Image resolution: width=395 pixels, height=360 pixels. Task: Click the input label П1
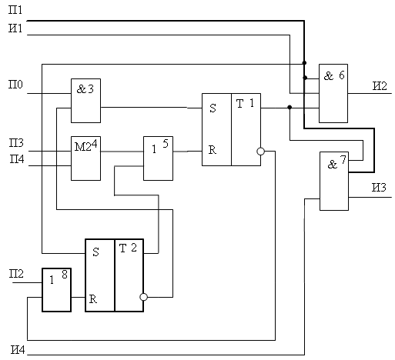pyautogui.click(x=15, y=10)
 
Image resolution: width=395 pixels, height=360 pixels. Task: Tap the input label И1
pyautogui.click(x=15, y=28)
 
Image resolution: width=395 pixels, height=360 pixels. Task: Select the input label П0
pyautogui.click(x=15, y=85)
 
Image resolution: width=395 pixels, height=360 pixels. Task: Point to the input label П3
pyautogui.click(x=16, y=142)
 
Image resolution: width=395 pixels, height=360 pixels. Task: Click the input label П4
pyautogui.click(x=17, y=159)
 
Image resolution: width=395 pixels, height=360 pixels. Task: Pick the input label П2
pyautogui.click(x=16, y=274)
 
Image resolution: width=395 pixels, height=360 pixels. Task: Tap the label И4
pyautogui.click(x=18, y=350)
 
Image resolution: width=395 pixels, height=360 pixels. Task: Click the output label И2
pyautogui.click(x=380, y=85)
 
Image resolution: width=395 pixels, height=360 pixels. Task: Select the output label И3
pyautogui.click(x=379, y=188)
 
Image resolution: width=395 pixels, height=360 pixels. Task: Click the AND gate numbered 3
pyautogui.click(x=85, y=101)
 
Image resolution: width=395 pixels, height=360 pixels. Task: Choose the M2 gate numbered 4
pyautogui.click(x=85, y=158)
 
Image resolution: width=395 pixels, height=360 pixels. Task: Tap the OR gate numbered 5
pyautogui.click(x=158, y=158)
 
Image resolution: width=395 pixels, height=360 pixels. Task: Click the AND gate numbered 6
pyautogui.click(x=333, y=93)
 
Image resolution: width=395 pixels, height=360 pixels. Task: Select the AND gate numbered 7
pyautogui.click(x=334, y=181)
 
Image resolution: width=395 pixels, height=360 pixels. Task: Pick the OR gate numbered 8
pyautogui.click(x=56, y=290)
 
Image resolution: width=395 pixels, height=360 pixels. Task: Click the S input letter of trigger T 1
pyautogui.click(x=213, y=108)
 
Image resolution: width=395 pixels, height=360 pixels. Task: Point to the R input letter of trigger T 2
pyautogui.click(x=93, y=299)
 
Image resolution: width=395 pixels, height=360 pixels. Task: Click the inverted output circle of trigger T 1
pyautogui.click(x=260, y=152)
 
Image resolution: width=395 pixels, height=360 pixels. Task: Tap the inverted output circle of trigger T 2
pyautogui.click(x=143, y=297)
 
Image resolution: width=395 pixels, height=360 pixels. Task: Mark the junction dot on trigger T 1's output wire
pyautogui.click(x=290, y=107)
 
